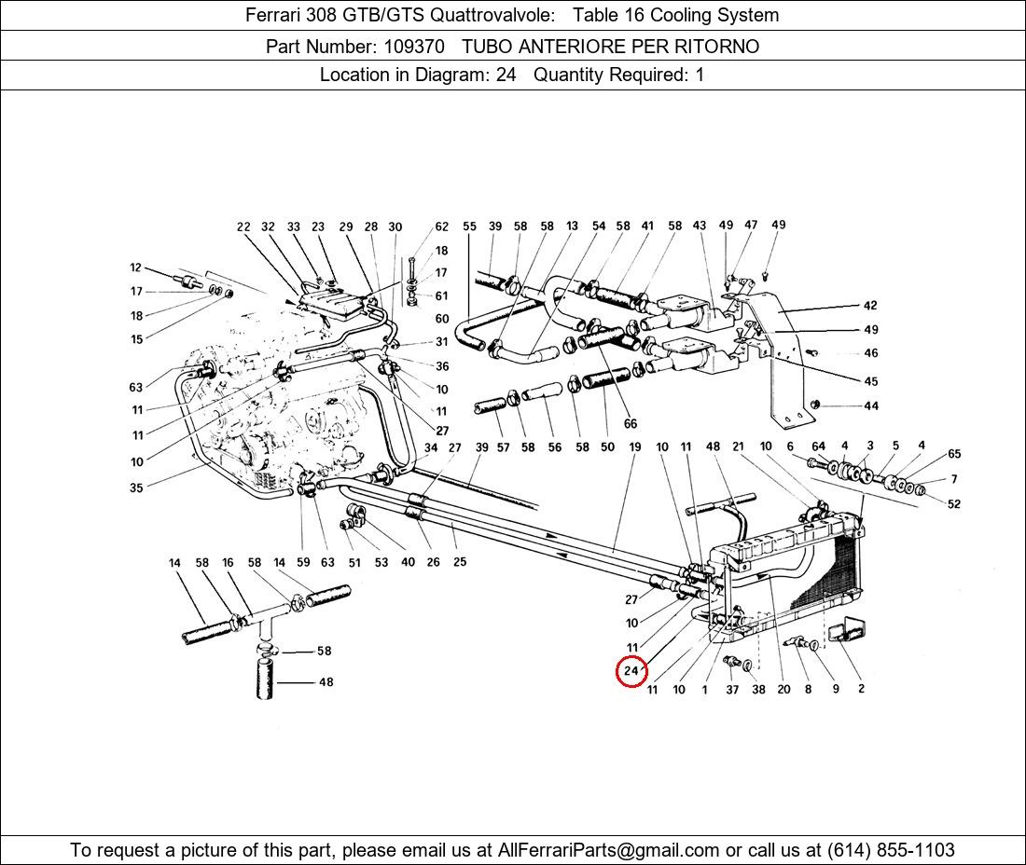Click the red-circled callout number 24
coord(631,671)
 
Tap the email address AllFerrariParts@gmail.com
coord(609,850)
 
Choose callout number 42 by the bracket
coord(870,306)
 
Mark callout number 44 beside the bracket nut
coord(871,405)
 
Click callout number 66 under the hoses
coord(631,424)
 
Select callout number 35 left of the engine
coord(137,487)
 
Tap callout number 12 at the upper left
coord(136,268)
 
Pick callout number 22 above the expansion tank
coord(244,227)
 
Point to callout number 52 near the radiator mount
coord(953,504)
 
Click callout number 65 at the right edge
coord(954,454)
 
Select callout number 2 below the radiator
coord(861,689)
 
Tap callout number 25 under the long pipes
coord(460,562)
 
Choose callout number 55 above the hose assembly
coord(469,227)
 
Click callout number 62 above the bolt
coord(442,227)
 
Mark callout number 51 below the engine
coord(354,562)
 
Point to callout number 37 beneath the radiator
coord(732,690)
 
